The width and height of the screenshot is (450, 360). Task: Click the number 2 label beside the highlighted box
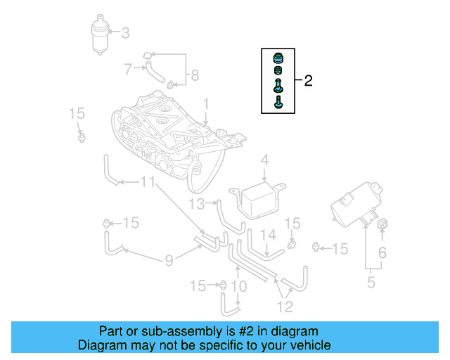[308, 81]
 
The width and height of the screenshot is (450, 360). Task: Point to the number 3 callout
[126, 32]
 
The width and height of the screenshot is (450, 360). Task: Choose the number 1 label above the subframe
[206, 104]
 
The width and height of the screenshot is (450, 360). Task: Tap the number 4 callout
[264, 161]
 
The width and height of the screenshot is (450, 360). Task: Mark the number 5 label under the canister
[371, 283]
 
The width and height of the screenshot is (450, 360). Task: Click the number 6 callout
[382, 252]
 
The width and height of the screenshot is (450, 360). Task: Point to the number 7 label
[128, 69]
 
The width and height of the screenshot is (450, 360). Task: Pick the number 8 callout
[195, 75]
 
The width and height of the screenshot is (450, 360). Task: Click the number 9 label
[169, 262]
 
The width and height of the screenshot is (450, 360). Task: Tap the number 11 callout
[147, 183]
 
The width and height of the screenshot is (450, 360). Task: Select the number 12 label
[284, 306]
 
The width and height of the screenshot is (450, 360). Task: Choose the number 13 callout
[197, 204]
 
